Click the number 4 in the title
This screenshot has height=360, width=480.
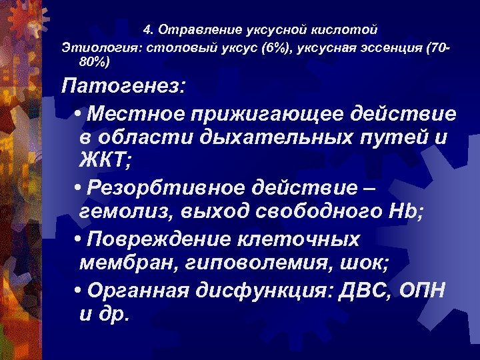147,31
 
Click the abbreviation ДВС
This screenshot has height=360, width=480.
359,291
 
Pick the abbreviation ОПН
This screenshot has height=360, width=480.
421,291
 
